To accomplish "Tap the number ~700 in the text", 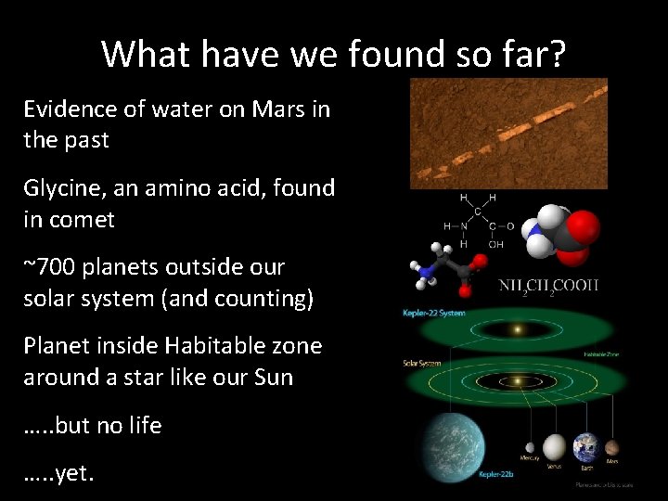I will [50, 267].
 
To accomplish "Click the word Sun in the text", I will [273, 378].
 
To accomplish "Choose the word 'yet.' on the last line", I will [74, 473].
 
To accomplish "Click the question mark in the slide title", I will [552, 54].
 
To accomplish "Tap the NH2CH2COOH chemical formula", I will [549, 285].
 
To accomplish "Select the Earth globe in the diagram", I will [586, 447].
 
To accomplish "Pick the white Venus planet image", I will [555, 447].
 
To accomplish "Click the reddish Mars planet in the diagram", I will [611, 447].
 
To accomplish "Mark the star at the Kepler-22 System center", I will [517, 329].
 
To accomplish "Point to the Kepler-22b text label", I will [495, 475].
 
